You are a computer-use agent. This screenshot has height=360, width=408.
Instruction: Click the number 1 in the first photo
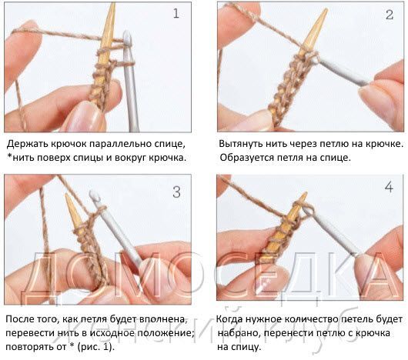[x=176, y=14]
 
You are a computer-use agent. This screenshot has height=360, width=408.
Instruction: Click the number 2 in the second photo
[x=390, y=15]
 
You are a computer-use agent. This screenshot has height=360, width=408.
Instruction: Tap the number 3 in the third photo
[x=177, y=192]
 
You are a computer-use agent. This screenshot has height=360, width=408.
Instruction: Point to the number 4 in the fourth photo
[x=389, y=187]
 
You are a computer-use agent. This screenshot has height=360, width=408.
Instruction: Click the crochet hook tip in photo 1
[x=127, y=32]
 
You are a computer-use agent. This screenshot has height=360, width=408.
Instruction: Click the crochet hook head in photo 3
[x=94, y=195]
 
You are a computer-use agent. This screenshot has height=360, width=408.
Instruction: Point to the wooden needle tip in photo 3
[x=68, y=195]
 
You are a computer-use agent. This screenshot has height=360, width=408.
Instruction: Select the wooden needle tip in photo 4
[x=306, y=194]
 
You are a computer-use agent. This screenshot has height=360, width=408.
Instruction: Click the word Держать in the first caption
[x=27, y=145]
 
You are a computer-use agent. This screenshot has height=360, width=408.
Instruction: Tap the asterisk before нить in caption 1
[x=9, y=157]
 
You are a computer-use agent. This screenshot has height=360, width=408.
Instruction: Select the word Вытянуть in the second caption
[x=240, y=144]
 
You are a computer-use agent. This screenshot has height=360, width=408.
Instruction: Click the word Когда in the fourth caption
[x=230, y=319]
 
